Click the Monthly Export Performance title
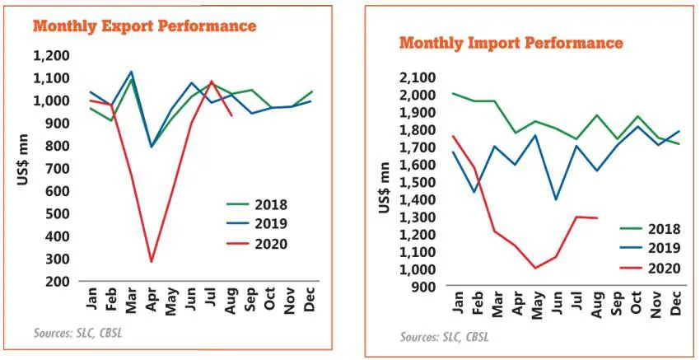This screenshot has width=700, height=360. click(x=144, y=26)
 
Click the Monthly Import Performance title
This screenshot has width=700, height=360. click(x=511, y=42)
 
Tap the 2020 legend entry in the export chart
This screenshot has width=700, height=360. click(x=268, y=243)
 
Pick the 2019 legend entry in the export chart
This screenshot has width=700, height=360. click(x=268, y=224)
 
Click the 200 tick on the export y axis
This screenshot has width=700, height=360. click(x=62, y=282)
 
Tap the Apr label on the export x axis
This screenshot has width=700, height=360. click(x=151, y=300)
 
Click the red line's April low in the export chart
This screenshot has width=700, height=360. click(x=151, y=262)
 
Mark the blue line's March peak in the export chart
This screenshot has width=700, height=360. click(x=130, y=72)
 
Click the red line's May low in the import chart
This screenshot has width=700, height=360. click(x=534, y=268)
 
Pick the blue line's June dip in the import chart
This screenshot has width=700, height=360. click(x=555, y=199)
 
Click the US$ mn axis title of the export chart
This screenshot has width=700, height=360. click(x=23, y=169)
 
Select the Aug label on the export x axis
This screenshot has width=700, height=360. click(x=231, y=300)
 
